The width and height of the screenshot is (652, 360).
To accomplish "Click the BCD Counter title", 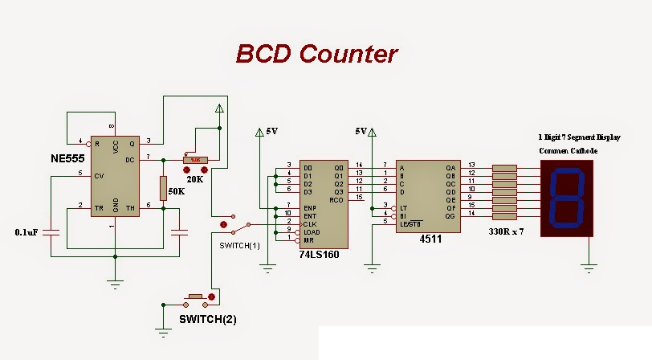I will point(316,54).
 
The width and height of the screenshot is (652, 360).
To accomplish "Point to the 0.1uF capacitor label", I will point(27,232).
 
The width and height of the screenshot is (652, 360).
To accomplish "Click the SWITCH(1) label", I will point(240,244).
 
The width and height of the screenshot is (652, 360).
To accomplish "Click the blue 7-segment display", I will point(569,198).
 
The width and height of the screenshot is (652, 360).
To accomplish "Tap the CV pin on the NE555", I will point(99,174).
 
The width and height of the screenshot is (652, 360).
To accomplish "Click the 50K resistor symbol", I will point(163,189).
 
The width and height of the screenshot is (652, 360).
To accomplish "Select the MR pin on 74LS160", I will point(308,240).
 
